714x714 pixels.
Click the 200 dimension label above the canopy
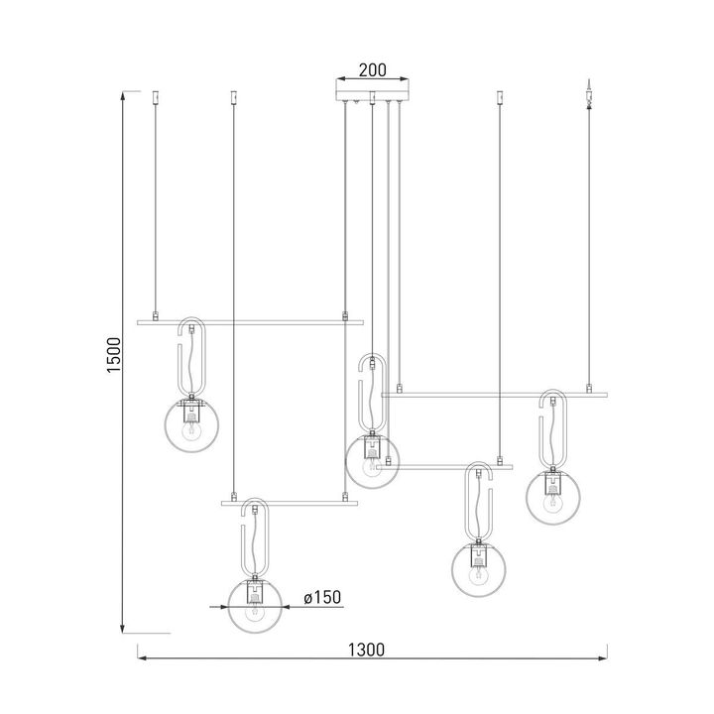click(372, 70)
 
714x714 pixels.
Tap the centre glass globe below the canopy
click(372, 461)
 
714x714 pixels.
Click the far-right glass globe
click(552, 496)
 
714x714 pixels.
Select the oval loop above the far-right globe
click(552, 429)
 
